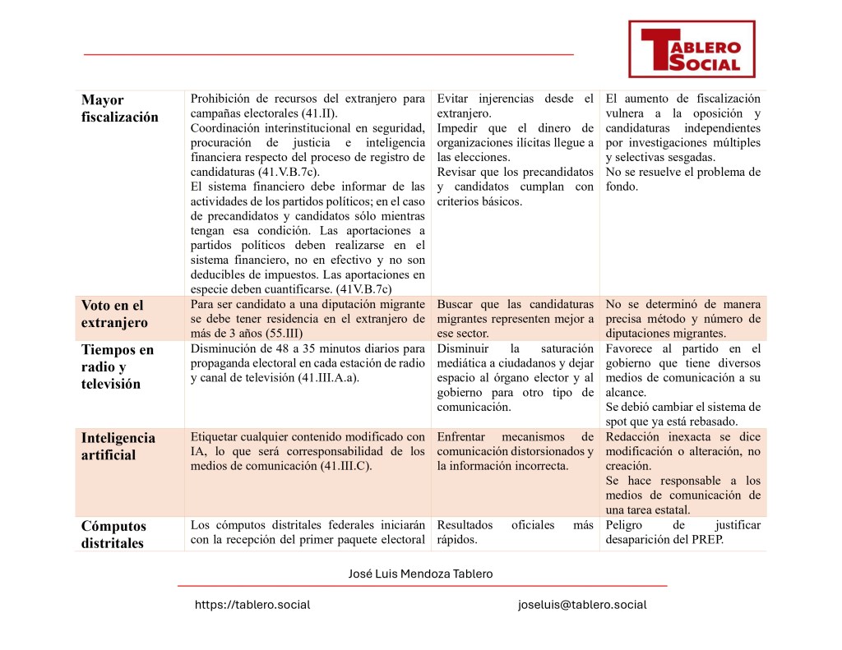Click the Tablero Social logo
[692, 49]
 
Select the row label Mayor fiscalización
[120, 108]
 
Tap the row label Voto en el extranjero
[114, 314]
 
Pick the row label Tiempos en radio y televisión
[118, 366]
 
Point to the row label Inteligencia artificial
[118, 446]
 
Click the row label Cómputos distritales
[114, 534]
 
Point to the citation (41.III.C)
[345, 467]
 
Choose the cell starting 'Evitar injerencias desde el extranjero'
[515, 150]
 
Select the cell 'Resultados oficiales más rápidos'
[515, 532]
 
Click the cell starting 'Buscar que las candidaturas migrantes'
[515, 319]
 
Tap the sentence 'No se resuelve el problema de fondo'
[682, 179]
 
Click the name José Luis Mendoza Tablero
[421, 574]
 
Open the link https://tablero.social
[252, 605]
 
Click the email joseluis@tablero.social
[582, 605]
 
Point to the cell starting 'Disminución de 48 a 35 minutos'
[308, 363]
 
